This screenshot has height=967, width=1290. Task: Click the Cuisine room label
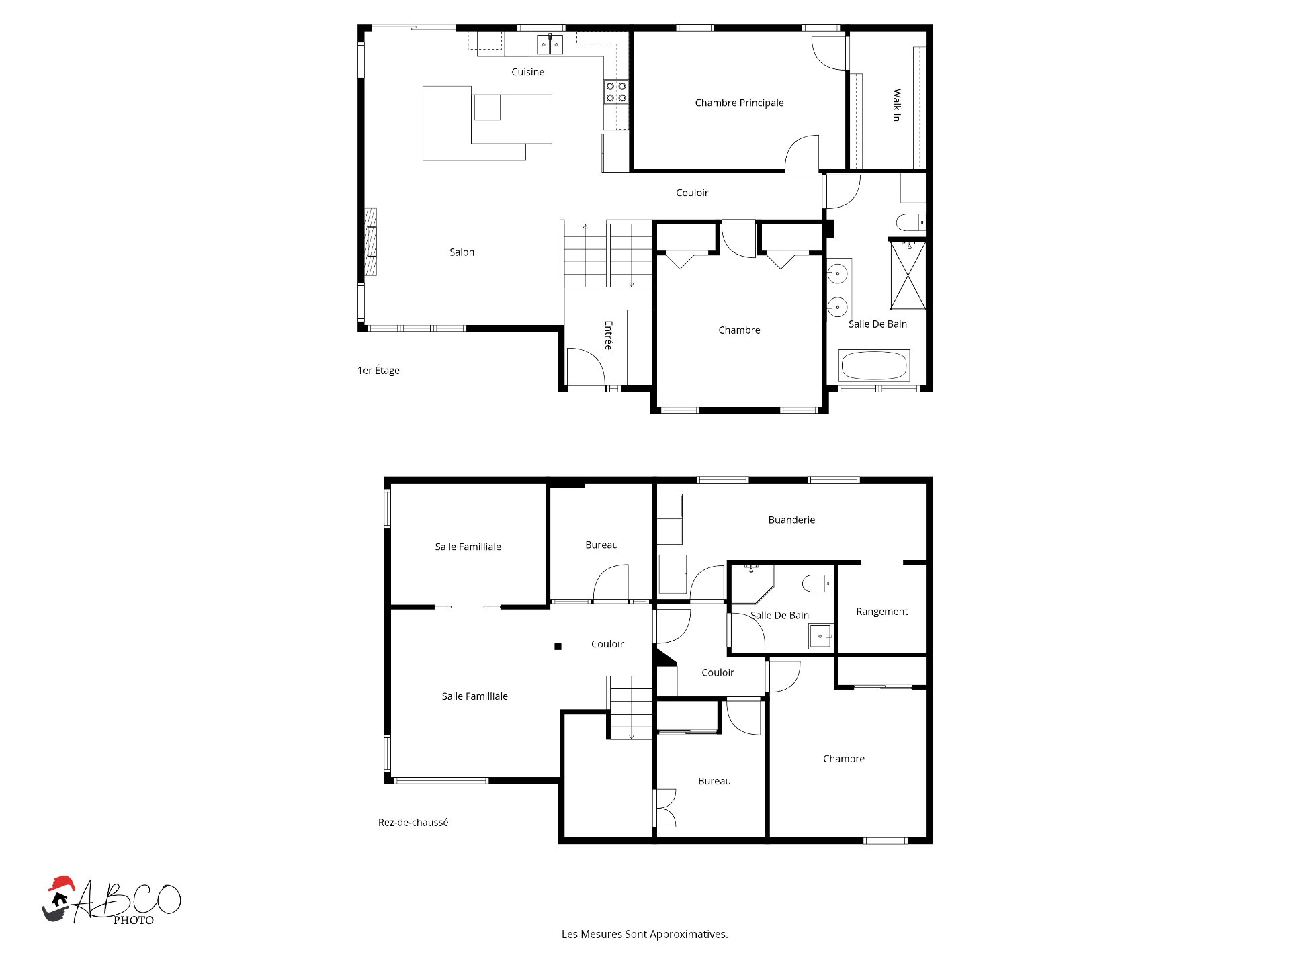click(x=527, y=72)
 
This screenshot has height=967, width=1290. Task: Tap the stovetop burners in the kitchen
click(x=616, y=92)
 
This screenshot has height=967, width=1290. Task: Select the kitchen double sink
click(x=550, y=44)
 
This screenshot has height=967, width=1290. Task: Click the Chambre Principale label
click(x=739, y=103)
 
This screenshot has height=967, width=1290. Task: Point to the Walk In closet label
click(x=896, y=105)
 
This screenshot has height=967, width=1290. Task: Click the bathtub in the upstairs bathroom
click(x=874, y=366)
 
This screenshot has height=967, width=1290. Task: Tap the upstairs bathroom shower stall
click(x=908, y=275)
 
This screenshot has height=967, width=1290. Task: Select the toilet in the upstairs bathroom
click(x=911, y=222)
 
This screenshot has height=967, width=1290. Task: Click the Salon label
click(x=462, y=252)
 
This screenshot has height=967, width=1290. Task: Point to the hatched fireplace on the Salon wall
click(x=370, y=242)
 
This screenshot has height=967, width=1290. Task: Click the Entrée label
click(x=608, y=335)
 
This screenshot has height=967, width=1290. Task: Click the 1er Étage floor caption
click(x=378, y=370)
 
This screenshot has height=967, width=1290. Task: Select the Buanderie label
click(x=791, y=520)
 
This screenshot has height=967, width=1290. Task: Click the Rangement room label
click(x=881, y=612)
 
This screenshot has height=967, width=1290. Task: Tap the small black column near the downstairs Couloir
click(x=558, y=647)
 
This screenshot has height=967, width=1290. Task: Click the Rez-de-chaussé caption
click(x=413, y=822)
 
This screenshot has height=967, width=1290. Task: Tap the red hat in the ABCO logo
click(x=61, y=883)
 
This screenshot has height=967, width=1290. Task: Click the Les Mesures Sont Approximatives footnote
click(x=645, y=934)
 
